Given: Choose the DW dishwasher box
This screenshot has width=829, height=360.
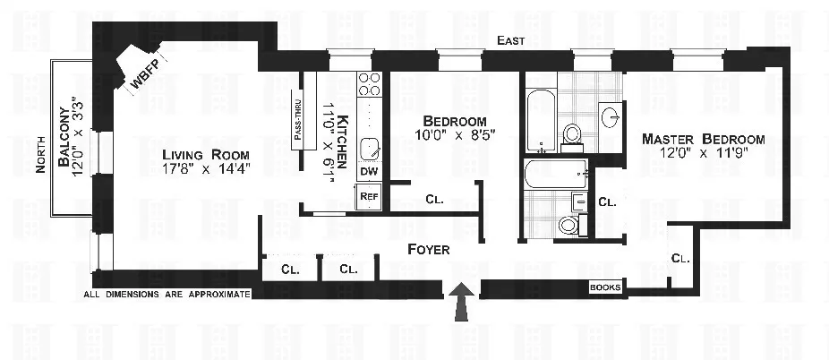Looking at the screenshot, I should point(369,171).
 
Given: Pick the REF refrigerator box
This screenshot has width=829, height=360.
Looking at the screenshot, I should point(369,196).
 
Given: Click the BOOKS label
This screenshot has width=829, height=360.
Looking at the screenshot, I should point(604,287).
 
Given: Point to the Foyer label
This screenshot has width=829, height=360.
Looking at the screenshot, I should point(428,249).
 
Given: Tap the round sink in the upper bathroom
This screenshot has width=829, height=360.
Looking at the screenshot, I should point(611,116).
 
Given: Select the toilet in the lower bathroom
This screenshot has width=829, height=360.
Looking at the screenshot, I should point(568,224).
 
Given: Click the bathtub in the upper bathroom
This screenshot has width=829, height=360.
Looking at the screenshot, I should point(539,121).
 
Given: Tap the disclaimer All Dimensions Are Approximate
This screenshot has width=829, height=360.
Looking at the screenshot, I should point(167,294).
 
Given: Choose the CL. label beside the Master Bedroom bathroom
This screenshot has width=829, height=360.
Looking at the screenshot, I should point(606,202).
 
